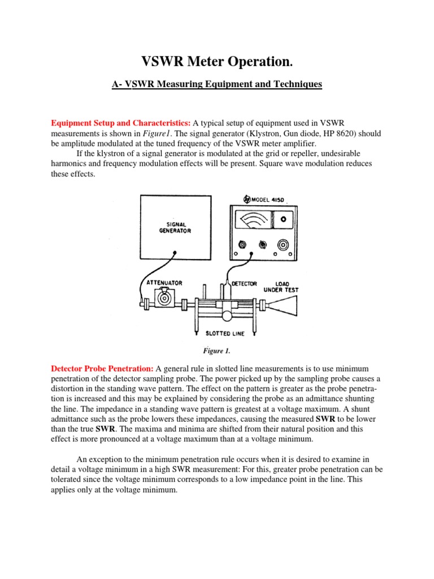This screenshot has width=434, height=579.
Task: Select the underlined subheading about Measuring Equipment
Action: tap(216, 84)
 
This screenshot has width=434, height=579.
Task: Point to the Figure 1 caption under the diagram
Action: tap(217, 350)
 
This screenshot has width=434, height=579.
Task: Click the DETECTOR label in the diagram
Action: tap(244, 283)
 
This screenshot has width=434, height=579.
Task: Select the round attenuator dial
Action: tap(164, 296)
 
